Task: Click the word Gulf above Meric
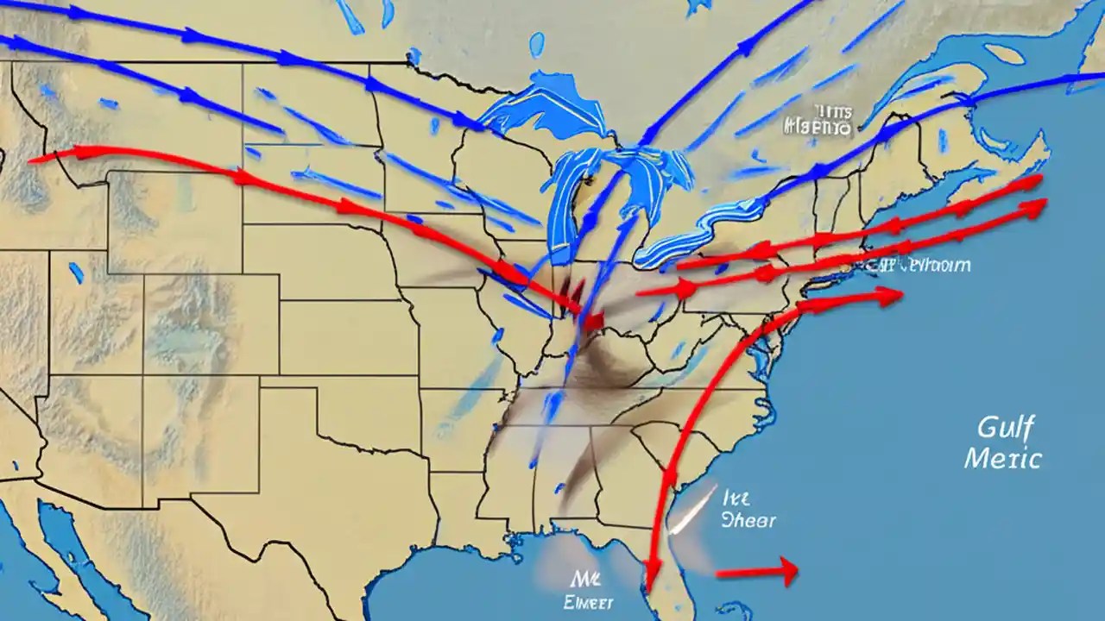pyautogui.click(x=1007, y=427)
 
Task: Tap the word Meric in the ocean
pyautogui.click(x=1002, y=458)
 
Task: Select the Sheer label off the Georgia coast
pyautogui.click(x=748, y=520)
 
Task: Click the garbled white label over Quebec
pyautogui.click(x=818, y=122)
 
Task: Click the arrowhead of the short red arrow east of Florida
pyautogui.click(x=786, y=569)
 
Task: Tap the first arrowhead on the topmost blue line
pyautogui.click(x=78, y=13)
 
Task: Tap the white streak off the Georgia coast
pyautogui.click(x=695, y=509)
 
